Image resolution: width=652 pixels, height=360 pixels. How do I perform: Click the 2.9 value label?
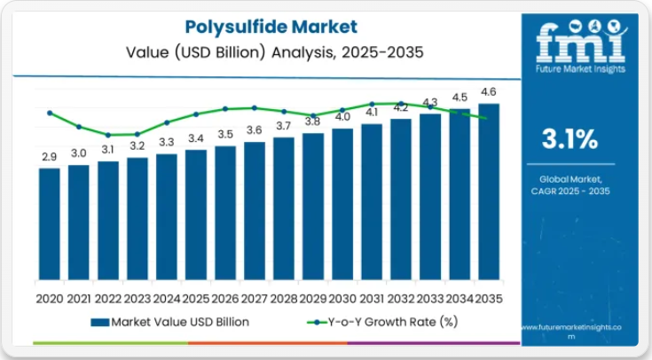click(50, 157)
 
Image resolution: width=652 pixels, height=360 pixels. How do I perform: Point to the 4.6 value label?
click(489, 92)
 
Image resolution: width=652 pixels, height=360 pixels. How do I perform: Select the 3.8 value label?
click(313, 121)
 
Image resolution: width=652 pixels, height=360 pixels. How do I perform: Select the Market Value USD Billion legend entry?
click(170, 322)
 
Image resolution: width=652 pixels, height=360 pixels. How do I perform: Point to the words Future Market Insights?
click(580, 68)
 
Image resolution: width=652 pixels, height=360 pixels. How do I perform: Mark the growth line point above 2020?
click(50, 113)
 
